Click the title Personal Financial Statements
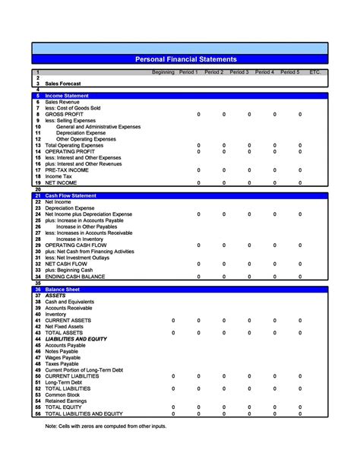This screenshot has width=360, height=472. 185,59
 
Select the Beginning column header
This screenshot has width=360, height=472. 163,72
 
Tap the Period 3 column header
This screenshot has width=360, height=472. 239,72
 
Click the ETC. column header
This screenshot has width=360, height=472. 315,72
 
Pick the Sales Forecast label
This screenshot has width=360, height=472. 63,84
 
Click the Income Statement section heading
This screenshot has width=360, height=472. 67,96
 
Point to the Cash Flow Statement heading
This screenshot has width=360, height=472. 71,195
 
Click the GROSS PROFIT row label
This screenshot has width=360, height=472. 64,114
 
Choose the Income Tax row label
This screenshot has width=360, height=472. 60,176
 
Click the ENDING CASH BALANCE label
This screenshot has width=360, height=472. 76,277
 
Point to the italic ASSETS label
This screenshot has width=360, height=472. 55,295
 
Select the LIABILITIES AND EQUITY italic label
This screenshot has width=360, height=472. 76,339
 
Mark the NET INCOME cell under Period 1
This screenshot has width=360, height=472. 199,183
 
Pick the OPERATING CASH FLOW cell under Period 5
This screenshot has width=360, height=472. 300,246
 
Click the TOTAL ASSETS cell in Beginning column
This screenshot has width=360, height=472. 174,333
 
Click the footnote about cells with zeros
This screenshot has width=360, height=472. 106,426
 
